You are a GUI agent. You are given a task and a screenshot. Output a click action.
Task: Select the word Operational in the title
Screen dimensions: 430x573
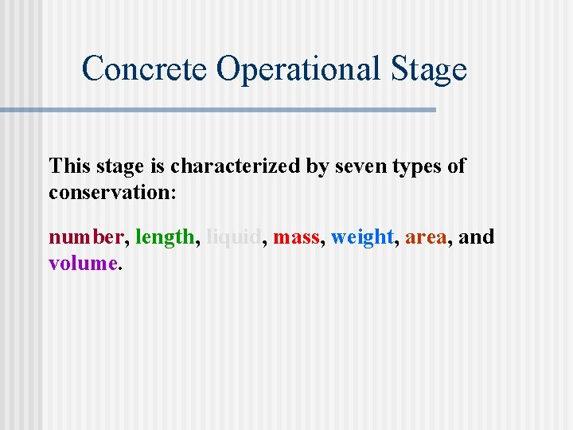click(x=300, y=69)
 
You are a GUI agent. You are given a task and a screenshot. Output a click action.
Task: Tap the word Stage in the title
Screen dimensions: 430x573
click(x=429, y=69)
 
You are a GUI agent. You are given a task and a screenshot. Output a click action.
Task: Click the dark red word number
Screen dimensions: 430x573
click(x=86, y=236)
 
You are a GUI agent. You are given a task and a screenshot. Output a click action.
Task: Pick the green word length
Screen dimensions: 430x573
click(x=164, y=236)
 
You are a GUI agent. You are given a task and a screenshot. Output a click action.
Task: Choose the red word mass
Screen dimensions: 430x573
click(x=295, y=236)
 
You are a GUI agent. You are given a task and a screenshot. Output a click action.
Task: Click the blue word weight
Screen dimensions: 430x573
click(x=362, y=236)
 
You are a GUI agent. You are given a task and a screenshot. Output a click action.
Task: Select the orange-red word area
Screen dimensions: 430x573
click(x=426, y=236)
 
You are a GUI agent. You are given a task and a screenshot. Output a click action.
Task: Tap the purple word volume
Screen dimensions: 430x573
click(x=83, y=263)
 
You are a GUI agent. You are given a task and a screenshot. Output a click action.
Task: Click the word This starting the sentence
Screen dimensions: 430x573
click(x=69, y=166)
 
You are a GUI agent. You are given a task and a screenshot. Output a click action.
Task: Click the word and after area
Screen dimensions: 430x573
click(x=477, y=236)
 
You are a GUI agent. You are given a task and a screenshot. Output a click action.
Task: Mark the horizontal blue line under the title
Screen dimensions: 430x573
click(x=218, y=109)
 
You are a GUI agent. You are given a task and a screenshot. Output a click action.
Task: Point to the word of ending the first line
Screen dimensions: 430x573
click(x=457, y=166)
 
